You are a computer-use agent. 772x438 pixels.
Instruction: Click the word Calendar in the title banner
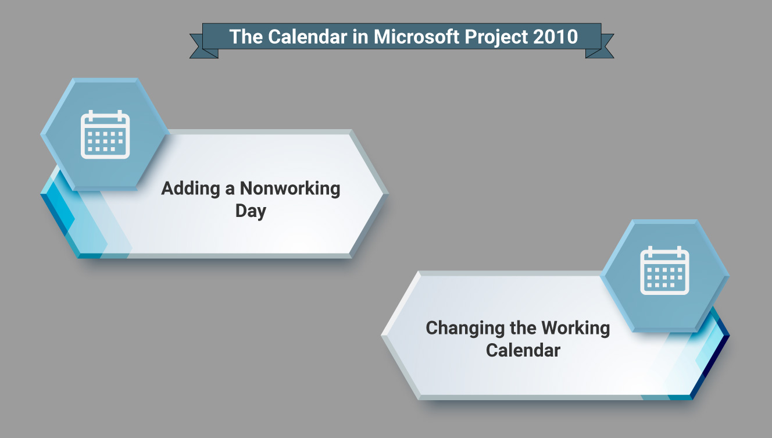307,37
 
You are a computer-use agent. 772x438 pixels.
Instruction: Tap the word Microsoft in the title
416,37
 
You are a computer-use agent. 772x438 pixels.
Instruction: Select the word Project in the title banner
496,37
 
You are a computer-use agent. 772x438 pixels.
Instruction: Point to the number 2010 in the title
556,37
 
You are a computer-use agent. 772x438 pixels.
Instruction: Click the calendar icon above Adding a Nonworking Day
105,134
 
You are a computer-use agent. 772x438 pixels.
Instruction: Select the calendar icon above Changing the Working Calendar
664,270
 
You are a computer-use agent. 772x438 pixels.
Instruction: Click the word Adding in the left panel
191,189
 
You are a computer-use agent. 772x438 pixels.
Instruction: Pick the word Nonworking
290,189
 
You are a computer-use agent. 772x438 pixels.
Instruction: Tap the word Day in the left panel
251,211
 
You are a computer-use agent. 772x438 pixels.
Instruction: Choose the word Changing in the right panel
465,328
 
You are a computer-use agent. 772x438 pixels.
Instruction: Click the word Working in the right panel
576,327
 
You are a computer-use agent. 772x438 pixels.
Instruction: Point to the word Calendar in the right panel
523,350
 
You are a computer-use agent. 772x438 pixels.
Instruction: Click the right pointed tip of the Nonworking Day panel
388,194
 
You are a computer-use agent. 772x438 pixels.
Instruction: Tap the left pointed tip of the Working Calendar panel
381,334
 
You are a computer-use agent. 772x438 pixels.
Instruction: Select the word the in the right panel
523,327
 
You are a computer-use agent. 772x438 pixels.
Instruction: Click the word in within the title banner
360,37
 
